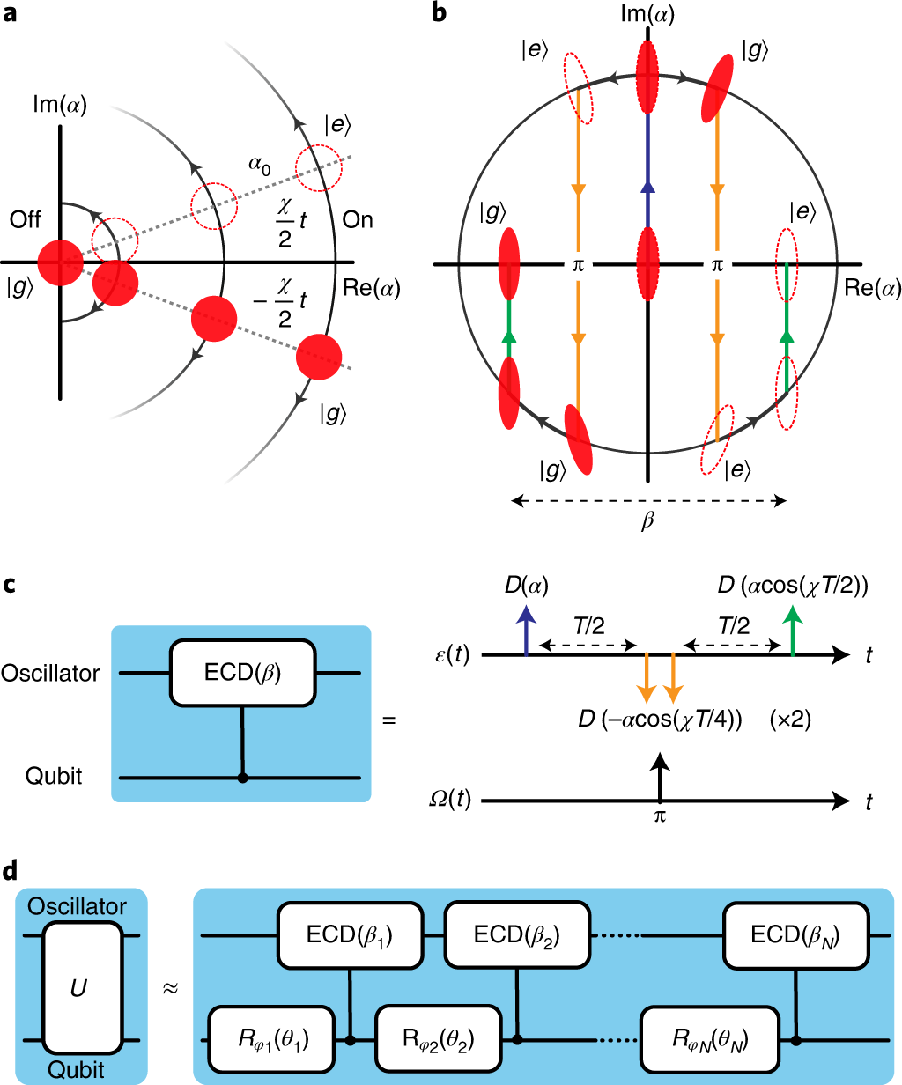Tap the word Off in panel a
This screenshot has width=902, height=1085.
(26, 219)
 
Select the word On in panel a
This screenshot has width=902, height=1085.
(358, 219)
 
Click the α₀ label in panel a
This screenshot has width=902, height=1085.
(260, 163)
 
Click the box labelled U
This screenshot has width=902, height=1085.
(83, 986)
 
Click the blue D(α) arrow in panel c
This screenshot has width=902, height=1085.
(526, 629)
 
